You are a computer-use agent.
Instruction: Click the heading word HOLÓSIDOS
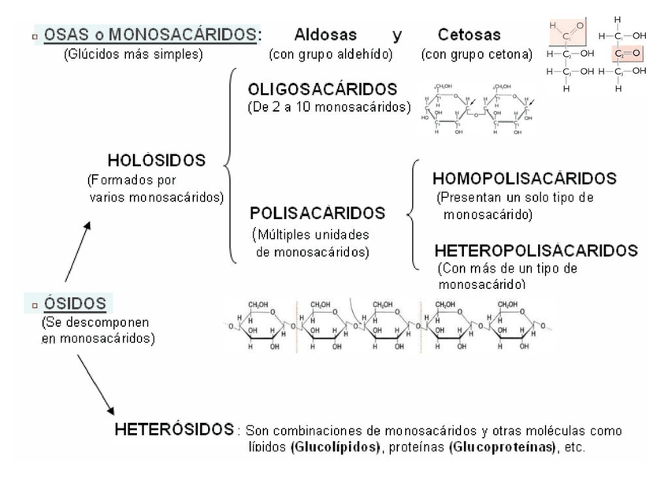pos(156,160)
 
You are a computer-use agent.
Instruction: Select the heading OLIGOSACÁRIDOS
pos(322,89)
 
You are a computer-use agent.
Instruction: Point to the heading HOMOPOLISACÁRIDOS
pos(524,179)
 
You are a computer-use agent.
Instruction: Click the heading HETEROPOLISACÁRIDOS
pos(536,250)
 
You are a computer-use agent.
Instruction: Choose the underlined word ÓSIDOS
pos(80,303)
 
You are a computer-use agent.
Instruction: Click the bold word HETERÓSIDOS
pos(174,430)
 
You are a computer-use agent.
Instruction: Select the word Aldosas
pos(325,35)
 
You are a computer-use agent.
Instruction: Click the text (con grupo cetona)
pos(477,54)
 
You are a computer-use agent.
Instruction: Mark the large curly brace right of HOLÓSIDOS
pos(229,165)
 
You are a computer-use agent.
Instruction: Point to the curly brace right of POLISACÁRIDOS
pos(412,213)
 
